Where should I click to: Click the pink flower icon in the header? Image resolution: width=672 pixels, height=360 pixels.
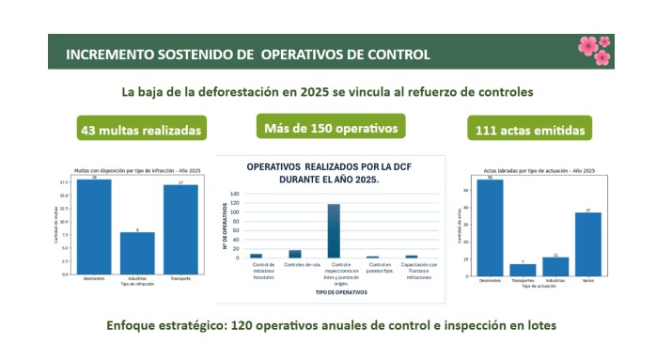pyautogui.click(x=594, y=50)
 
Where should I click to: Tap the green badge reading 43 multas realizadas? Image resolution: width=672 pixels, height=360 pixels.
pyautogui.click(x=142, y=130)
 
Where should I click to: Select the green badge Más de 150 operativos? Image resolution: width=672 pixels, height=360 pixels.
pyautogui.click(x=330, y=127)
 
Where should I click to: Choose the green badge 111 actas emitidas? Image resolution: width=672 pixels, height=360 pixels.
pyautogui.click(x=531, y=130)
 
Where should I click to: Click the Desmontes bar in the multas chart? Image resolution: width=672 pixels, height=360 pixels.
pyautogui.click(x=95, y=226)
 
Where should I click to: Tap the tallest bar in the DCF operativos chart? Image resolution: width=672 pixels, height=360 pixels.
pyautogui.click(x=333, y=230)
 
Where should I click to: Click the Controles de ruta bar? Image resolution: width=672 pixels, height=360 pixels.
pyautogui.click(x=295, y=253)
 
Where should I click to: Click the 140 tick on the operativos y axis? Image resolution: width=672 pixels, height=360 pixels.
pyautogui.click(x=236, y=195)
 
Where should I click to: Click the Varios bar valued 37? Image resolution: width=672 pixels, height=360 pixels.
pyautogui.click(x=588, y=244)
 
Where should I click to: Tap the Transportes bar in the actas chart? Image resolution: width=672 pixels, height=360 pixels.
pyautogui.click(x=523, y=270)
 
